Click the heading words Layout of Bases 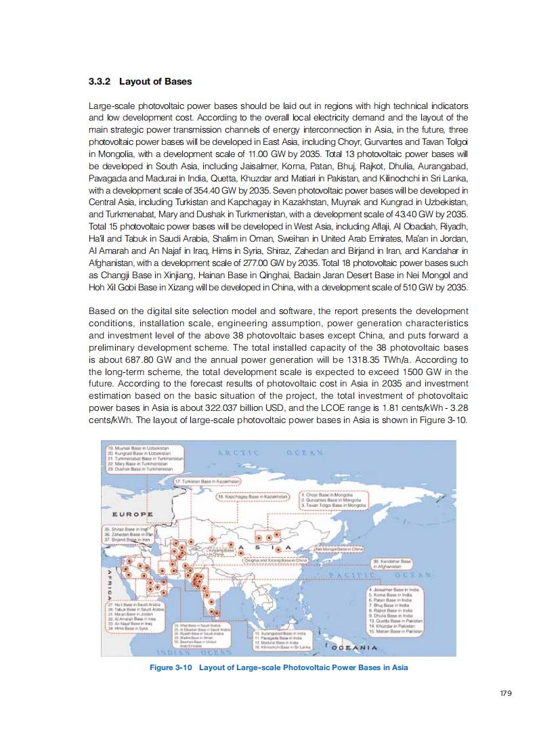point(156,82)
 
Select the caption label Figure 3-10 point(173,667)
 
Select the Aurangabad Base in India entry point(280,632)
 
